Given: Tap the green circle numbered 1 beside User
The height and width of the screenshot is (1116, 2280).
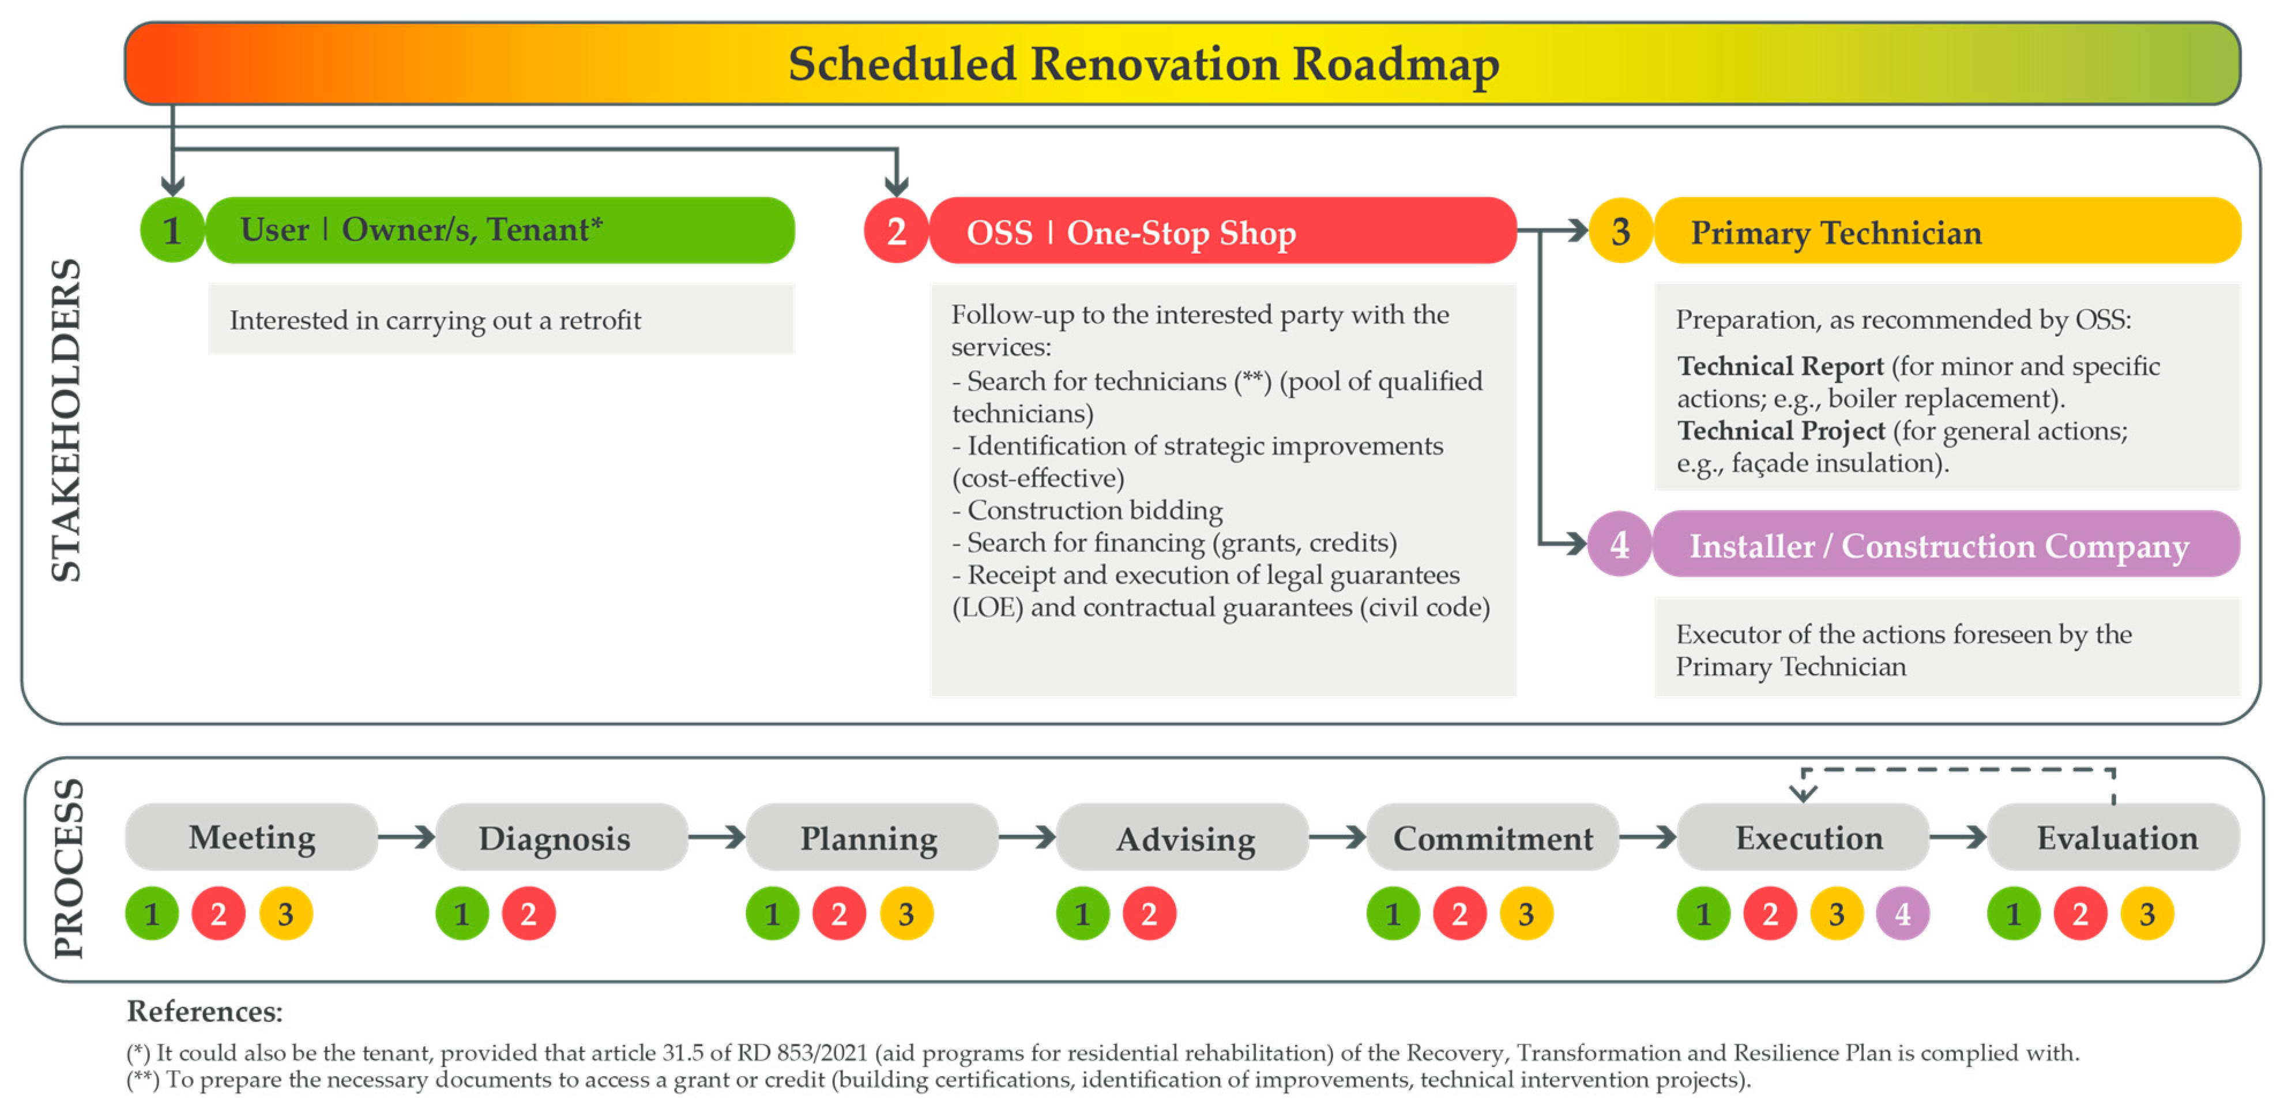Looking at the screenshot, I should pos(172,230).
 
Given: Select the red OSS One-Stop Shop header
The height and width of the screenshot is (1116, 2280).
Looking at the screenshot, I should pos(1221,232).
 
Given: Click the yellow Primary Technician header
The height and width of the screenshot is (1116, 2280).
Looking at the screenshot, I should pos(1947,232).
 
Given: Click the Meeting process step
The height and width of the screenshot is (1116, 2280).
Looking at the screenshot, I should pos(251,837).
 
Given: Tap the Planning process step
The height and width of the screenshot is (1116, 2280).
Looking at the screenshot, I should pos(869,837).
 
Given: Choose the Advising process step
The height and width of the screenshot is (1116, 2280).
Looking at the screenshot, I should pos(1184,837).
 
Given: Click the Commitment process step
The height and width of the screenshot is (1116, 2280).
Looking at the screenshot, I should pos(1493,837).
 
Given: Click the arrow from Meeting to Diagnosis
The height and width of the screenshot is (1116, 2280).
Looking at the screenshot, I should pos(407,837).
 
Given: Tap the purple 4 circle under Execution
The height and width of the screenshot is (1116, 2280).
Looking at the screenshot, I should pos(1903,914).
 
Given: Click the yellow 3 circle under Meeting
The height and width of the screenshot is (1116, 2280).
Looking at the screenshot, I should pos(285,914).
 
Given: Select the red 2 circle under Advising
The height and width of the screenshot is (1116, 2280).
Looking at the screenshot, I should pos(1149,914).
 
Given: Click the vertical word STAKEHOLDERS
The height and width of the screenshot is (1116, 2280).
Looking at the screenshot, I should pos(66,420).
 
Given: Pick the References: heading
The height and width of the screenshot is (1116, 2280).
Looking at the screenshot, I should pos(205,1010).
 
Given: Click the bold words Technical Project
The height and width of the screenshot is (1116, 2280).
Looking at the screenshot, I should pos(1781,431).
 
